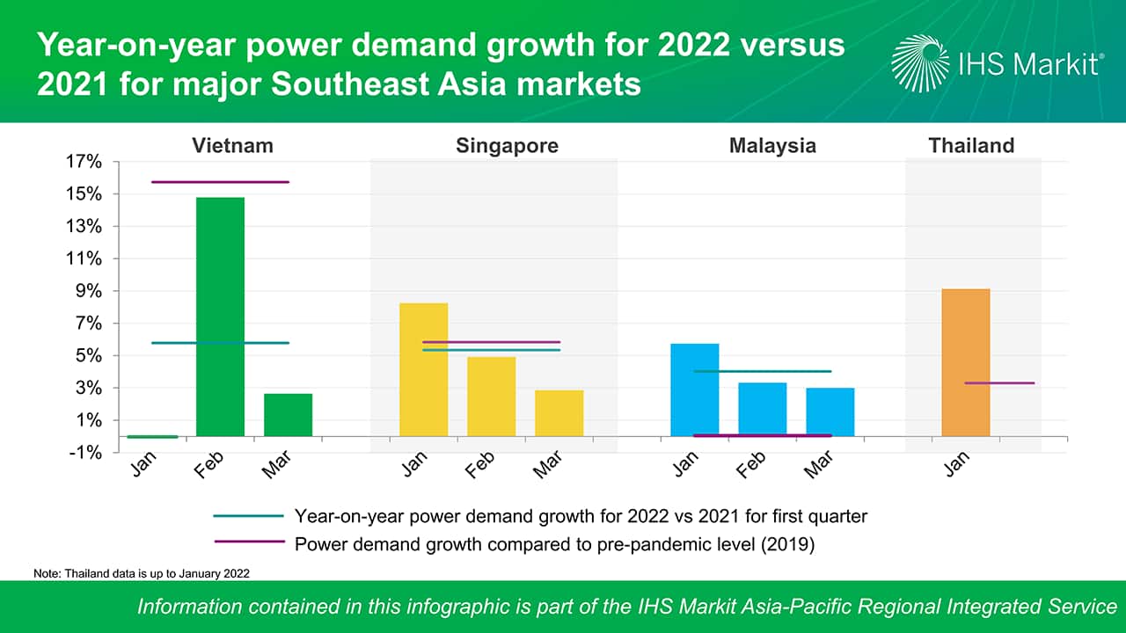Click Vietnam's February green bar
220,316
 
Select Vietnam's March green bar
288,415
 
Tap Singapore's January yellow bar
423,369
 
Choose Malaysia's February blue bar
762,409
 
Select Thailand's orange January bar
965,362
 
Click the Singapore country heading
507,146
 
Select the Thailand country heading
971,146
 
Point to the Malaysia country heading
772,146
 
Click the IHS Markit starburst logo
920,63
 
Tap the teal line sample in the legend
248,516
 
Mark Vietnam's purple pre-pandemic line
220,182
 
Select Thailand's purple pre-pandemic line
999,383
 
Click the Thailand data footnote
142,573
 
